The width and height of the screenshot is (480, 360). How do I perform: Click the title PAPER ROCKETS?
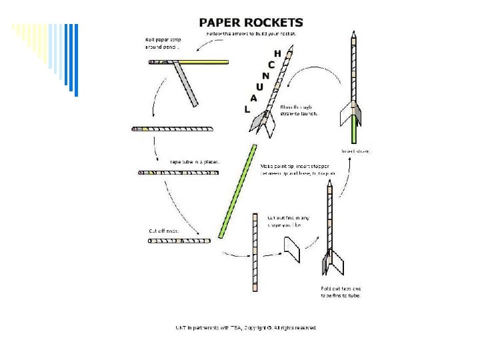click(251, 23)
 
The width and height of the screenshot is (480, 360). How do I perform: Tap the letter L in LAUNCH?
click(247, 109)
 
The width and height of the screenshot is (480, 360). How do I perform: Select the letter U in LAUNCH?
click(259, 87)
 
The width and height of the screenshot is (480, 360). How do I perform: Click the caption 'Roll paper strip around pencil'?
click(163, 43)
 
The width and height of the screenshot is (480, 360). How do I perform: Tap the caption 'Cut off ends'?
click(163, 231)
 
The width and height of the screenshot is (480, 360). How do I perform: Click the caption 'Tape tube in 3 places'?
click(195, 161)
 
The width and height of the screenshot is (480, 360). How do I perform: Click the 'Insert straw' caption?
click(355, 151)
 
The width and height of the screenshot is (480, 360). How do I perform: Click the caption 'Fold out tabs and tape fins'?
click(341, 291)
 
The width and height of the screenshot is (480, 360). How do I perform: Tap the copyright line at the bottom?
click(246, 327)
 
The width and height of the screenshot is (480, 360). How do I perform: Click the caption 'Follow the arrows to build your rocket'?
click(252, 33)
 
